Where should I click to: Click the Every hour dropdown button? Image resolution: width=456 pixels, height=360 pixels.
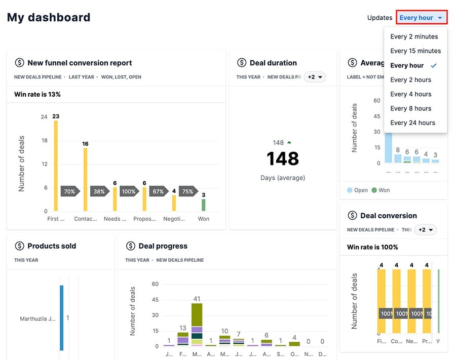point(421,18)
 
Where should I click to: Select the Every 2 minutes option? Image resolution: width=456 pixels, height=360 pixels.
point(414,36)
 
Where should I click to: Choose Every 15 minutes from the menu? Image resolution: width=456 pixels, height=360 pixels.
point(415,51)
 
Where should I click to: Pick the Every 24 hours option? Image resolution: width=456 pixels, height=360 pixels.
point(412,123)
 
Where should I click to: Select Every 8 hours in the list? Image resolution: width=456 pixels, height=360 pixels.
point(410,108)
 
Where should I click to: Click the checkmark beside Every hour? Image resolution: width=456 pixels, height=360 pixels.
point(434,65)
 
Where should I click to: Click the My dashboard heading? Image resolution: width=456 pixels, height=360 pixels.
point(49,17)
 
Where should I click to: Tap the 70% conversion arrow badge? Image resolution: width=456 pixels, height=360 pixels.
point(70,192)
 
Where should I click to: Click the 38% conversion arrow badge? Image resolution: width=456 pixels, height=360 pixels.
point(99,192)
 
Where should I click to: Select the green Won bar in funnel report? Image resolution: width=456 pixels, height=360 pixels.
point(203,205)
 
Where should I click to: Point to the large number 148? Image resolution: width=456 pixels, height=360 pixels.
point(283,158)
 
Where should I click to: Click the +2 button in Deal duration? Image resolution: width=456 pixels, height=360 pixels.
point(315,77)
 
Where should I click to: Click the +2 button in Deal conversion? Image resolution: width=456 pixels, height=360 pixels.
point(425,230)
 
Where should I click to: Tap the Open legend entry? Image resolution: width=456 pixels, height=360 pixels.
point(358,190)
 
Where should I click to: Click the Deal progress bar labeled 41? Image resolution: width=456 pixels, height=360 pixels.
point(197,324)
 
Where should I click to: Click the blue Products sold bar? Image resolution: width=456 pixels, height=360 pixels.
point(62,317)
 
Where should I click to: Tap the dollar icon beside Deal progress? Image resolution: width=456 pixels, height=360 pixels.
point(131,246)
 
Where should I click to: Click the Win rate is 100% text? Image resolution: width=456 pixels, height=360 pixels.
point(372,247)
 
